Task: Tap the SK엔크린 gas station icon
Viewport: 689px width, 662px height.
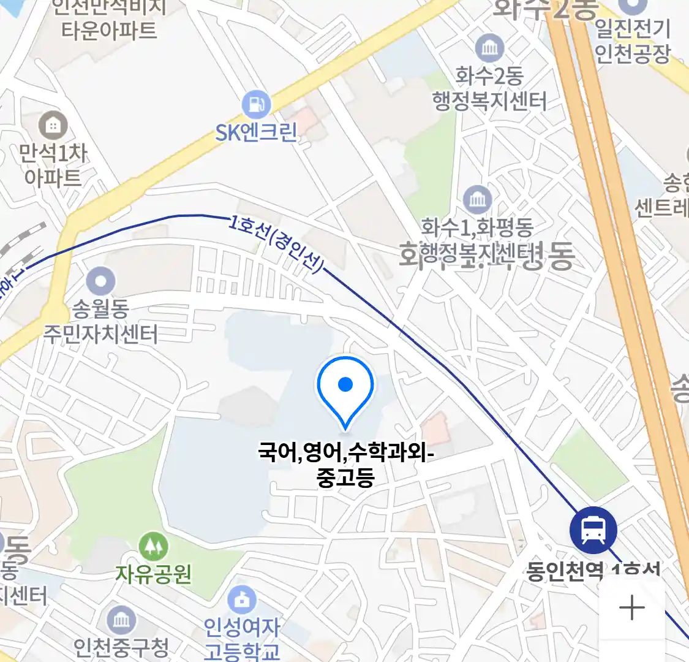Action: click(256, 105)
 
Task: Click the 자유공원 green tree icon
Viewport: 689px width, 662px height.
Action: click(153, 546)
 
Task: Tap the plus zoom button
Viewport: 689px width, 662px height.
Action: click(631, 608)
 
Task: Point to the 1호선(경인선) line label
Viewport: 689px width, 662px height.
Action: click(276, 244)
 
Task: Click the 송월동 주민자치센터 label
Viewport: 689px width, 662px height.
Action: click(100, 321)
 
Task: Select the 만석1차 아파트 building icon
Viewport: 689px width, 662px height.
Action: click(53, 125)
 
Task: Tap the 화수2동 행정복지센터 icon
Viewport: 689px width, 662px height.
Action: click(489, 48)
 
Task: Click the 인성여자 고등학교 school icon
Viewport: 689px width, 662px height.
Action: click(242, 600)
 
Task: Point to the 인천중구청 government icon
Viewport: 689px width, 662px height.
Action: click(121, 620)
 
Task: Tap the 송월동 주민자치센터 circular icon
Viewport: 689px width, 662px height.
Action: click(100, 283)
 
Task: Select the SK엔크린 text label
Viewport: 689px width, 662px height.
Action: click(256, 132)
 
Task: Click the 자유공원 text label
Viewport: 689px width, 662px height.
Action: click(154, 574)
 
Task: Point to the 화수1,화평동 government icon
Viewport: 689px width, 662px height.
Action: click(477, 199)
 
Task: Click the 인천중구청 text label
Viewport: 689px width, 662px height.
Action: click(121, 647)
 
